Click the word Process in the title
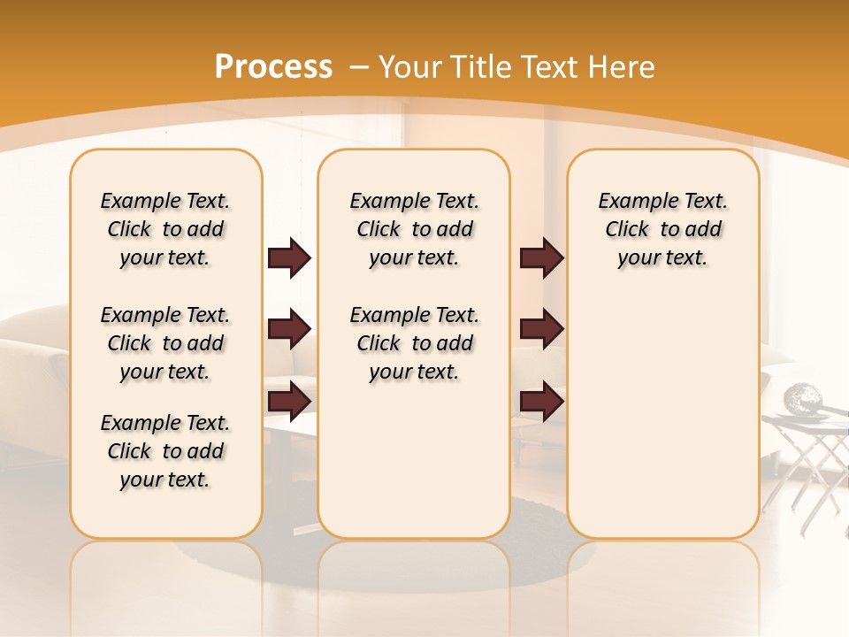[273, 67]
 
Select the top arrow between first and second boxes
[289, 258]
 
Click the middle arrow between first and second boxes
[289, 330]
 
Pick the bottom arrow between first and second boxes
[289, 401]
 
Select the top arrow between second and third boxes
[541, 258]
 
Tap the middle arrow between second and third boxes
[541, 330]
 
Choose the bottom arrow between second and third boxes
[541, 401]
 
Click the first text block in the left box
[164, 229]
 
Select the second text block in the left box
[164, 343]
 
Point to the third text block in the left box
[164, 451]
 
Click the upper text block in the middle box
[414, 229]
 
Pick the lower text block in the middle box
[414, 343]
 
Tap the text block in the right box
[662, 229]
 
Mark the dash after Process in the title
[359, 67]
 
